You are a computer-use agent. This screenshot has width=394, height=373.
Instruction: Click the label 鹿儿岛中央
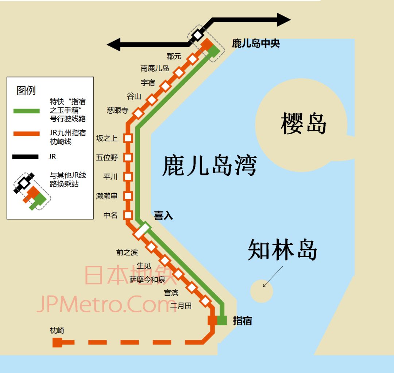click(x=256, y=44)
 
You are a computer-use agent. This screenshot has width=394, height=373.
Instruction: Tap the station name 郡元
click(x=174, y=57)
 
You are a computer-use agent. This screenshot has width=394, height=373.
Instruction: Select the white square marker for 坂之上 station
click(x=128, y=138)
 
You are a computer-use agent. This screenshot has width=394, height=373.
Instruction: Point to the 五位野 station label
click(x=107, y=158)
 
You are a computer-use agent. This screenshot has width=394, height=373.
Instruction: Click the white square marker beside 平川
click(x=128, y=177)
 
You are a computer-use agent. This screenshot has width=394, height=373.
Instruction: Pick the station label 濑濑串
click(x=107, y=196)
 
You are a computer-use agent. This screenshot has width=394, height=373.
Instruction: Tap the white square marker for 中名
click(x=128, y=215)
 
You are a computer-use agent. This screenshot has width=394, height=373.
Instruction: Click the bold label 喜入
click(x=163, y=216)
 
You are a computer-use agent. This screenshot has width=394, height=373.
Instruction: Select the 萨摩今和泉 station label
click(x=147, y=280)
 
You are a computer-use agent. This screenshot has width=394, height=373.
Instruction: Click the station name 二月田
click(x=181, y=305)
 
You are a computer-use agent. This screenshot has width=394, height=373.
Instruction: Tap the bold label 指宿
click(x=243, y=321)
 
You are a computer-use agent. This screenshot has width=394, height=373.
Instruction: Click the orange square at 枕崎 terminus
click(x=57, y=342)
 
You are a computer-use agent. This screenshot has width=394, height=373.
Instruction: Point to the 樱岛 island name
click(x=304, y=123)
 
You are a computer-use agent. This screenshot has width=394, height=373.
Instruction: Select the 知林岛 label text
click(x=282, y=250)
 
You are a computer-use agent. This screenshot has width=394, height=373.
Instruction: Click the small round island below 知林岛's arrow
click(x=262, y=291)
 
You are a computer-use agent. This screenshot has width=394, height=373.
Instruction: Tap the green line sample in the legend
click(x=26, y=111)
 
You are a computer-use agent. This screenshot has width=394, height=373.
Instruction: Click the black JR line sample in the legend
click(x=26, y=157)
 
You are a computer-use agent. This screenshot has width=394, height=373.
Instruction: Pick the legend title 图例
click(x=26, y=90)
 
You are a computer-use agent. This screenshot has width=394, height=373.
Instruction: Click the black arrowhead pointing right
click(x=283, y=20)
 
